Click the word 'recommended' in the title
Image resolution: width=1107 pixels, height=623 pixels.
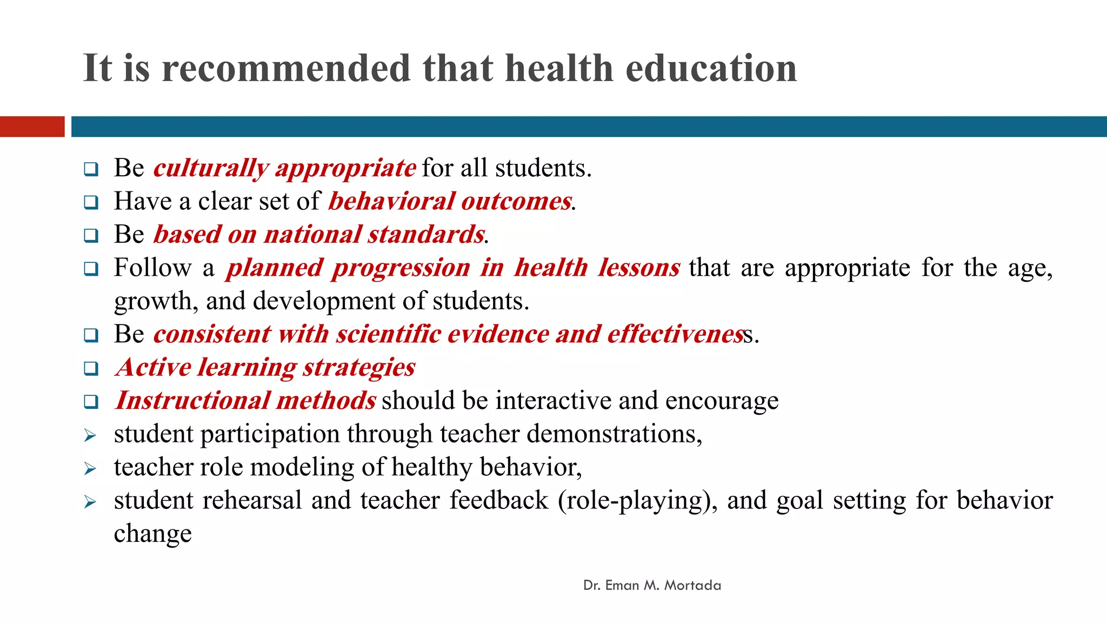point(286,69)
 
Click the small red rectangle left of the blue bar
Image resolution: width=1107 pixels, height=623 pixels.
point(32,127)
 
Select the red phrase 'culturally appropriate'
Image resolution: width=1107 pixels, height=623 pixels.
point(284,168)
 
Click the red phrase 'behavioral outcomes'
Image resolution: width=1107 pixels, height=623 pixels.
point(450,201)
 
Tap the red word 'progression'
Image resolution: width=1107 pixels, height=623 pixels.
point(401,268)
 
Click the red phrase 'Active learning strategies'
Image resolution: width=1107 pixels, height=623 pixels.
point(265,368)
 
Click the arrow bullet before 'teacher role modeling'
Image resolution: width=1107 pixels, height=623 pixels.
point(90,468)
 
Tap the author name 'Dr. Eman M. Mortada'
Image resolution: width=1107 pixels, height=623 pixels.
point(652,586)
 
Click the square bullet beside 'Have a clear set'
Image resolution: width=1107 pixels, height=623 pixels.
point(91,203)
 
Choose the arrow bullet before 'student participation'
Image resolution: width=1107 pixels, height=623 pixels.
point(90,435)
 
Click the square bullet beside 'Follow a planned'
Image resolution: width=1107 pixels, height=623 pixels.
point(91,269)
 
